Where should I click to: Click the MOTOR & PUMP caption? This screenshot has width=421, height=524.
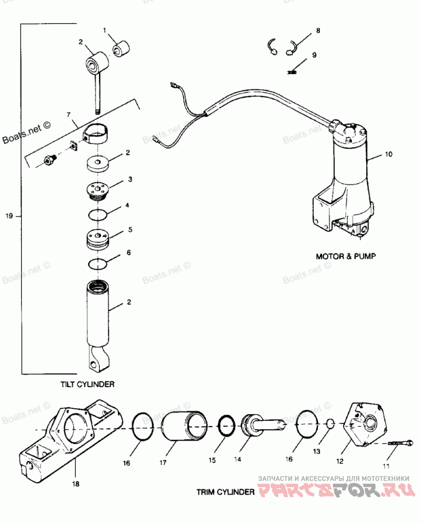(x=346, y=256)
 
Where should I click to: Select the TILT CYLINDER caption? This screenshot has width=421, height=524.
(x=87, y=384)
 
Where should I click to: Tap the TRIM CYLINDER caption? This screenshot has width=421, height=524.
(x=225, y=492)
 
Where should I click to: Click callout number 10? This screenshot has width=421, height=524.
(x=388, y=154)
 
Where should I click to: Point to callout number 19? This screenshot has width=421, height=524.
(x=9, y=216)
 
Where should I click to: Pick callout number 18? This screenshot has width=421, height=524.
(x=76, y=483)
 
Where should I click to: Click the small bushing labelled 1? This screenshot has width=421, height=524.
(x=121, y=49)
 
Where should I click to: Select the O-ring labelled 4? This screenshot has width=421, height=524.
(x=98, y=215)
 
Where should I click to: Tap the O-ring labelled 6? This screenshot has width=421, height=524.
(x=98, y=264)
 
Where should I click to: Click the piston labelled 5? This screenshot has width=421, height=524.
(x=98, y=239)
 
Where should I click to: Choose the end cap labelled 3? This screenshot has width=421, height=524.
(x=97, y=191)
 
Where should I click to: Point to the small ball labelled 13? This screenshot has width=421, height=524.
(x=330, y=424)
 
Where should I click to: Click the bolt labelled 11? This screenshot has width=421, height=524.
(x=400, y=444)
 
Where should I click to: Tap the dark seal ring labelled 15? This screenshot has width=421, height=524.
(x=226, y=426)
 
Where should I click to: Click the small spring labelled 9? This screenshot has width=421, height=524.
(x=292, y=72)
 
